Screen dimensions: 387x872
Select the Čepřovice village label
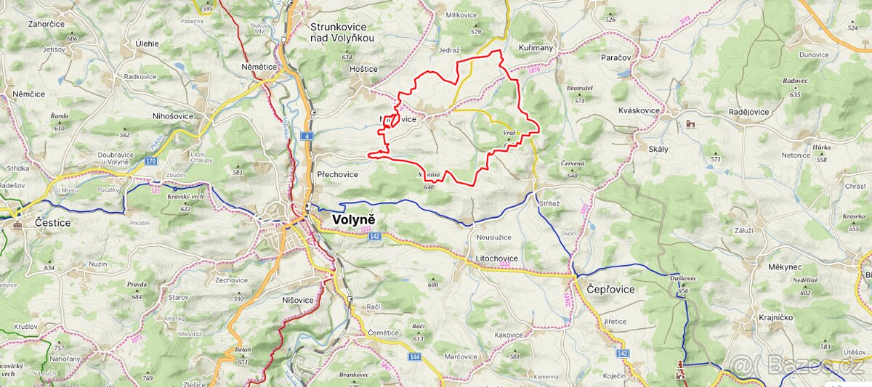pos(610,289)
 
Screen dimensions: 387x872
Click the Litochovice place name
pos(496,258)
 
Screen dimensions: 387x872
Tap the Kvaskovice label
pos(639,111)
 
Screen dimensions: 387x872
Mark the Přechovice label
pos(338,174)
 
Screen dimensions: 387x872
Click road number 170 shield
pos(150,160)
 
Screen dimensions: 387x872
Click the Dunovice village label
pos(814,54)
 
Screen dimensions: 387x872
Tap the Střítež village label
pos(549,205)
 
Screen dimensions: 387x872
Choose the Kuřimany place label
pos(536,48)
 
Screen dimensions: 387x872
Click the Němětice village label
pos(259,66)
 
